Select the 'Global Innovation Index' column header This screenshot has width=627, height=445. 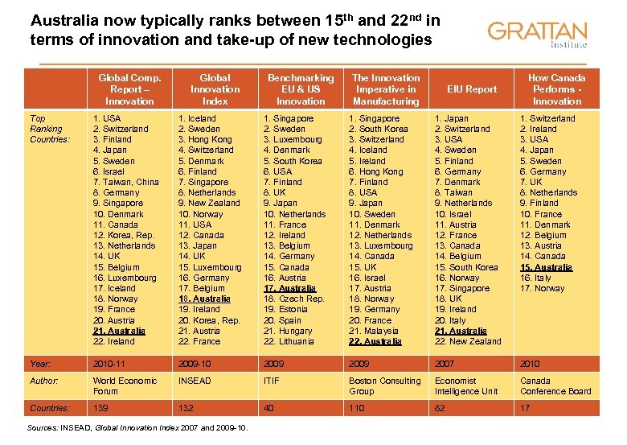tap(215, 89)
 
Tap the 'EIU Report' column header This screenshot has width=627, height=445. tap(471, 89)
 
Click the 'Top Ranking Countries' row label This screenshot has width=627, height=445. tap(46, 129)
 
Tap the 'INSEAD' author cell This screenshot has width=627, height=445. tap(195, 381)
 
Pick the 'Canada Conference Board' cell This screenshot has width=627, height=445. tap(555, 386)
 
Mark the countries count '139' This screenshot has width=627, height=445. tap(100, 408)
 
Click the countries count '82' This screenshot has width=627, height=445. tap(440, 408)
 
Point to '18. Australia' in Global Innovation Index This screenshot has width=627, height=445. tap(204, 299)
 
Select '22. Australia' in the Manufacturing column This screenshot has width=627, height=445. tap(375, 341)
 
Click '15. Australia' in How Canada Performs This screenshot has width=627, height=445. tap(547, 267)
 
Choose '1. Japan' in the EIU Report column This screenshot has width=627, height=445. tap(452, 118)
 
